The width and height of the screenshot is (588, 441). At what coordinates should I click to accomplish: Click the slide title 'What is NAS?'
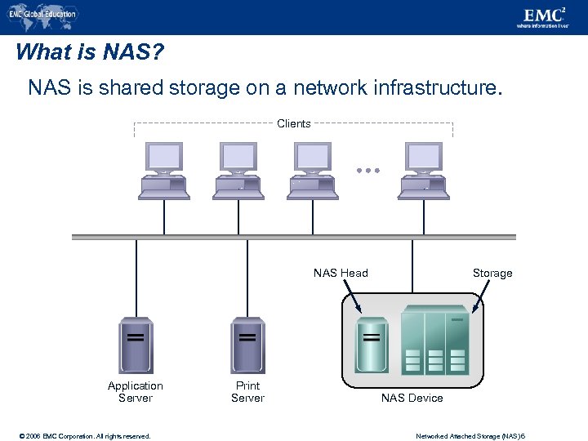(90, 53)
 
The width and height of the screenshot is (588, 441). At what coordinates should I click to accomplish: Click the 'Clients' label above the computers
(293, 124)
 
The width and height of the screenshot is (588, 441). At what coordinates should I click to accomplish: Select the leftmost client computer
(164, 171)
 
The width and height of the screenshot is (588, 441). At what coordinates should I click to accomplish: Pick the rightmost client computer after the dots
(424, 171)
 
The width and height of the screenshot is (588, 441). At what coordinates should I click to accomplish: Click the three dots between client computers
(368, 171)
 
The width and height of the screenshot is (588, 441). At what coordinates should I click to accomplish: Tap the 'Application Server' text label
(136, 392)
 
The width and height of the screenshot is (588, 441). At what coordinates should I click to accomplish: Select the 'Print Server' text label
(247, 392)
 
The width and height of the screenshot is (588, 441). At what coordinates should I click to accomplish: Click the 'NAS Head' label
(341, 273)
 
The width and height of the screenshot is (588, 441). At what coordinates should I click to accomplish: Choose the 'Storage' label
(492, 273)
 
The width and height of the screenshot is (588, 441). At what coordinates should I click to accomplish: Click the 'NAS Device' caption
(412, 398)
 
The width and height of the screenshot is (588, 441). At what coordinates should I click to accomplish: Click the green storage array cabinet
(435, 340)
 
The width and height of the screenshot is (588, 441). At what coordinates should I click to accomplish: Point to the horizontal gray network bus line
(294, 238)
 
